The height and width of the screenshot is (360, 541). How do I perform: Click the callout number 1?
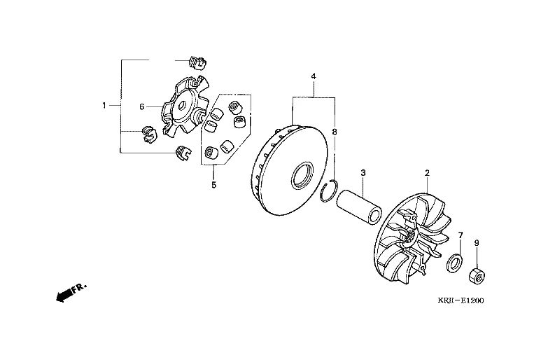point(104,105)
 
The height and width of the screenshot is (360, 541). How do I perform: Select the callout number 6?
point(142,107)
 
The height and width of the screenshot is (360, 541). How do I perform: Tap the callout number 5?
point(214,185)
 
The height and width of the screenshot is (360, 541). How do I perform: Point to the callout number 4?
point(314,76)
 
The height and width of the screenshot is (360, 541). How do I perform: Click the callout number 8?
point(334,132)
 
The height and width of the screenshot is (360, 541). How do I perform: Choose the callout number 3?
point(363,172)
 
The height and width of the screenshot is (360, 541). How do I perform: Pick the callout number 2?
point(427,173)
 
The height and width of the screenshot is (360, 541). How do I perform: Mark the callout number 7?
point(461,235)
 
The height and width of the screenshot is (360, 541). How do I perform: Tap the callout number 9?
point(477,243)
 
